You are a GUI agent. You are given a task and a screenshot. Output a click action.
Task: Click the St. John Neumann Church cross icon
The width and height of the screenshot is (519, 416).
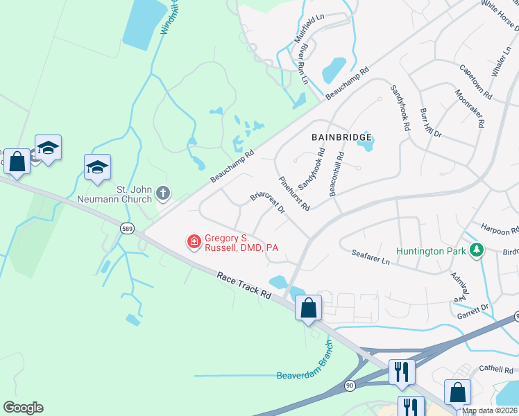coord(163,192)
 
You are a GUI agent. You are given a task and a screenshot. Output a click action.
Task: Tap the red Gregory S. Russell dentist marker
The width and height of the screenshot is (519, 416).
coord(194,241)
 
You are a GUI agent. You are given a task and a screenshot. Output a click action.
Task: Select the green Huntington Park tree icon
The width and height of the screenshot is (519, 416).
coord(476,250)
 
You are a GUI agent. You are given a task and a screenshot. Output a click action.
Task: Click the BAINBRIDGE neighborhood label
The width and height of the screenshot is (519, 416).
coord(341,138)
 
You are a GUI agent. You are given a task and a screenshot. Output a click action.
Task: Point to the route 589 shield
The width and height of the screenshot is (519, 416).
coord(126,227)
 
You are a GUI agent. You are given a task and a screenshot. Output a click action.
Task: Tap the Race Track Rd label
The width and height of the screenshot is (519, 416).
coord(243,285)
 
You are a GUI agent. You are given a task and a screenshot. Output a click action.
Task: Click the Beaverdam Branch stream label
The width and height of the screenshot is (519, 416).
coord(300,365)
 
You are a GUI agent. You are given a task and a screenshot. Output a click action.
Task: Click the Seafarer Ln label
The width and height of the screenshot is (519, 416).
coord(371,257)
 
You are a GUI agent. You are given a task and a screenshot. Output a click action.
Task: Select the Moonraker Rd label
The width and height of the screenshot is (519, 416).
coord(470,108)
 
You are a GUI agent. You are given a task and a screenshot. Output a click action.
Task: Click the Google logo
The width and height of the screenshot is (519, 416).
coord(23,407)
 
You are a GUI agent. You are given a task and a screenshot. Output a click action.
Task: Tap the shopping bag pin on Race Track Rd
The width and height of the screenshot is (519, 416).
coord(308,306)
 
